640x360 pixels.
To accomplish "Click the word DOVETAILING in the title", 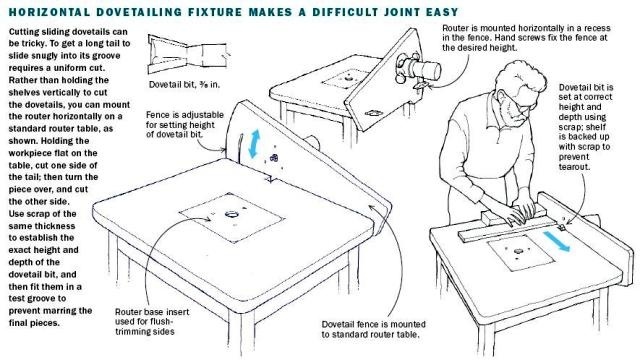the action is pyautogui.click(x=139, y=12).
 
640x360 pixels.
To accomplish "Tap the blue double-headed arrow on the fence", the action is pyautogui.click(x=254, y=144).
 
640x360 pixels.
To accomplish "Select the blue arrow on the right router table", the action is pyautogui.click(x=556, y=241).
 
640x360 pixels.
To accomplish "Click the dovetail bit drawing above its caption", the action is pyautogui.click(x=187, y=53).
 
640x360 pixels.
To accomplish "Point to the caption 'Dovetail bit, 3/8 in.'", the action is pyautogui.click(x=184, y=85).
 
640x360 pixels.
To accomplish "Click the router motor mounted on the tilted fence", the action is pyautogui.click(x=419, y=68).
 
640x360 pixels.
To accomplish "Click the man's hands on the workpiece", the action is pyautogui.click(x=521, y=212).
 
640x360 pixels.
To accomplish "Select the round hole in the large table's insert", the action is pyautogui.click(x=232, y=214).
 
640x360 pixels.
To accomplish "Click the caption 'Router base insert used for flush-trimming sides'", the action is pyautogui.click(x=151, y=322).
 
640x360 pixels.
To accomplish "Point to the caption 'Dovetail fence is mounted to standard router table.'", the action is pyautogui.click(x=373, y=329).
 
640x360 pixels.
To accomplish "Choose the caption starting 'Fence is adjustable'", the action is pyautogui.click(x=184, y=124).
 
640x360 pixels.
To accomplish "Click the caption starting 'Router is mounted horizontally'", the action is pyautogui.click(x=526, y=38).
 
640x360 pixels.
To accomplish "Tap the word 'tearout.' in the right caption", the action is pyautogui.click(x=574, y=167).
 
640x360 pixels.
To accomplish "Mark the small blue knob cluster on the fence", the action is pyautogui.click(x=274, y=158).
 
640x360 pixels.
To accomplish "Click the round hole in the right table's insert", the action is pyautogui.click(x=518, y=251).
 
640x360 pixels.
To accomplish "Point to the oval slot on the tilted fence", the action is pyautogui.click(x=373, y=113).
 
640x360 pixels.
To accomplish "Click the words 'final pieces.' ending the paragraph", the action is pyautogui.click(x=34, y=323).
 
